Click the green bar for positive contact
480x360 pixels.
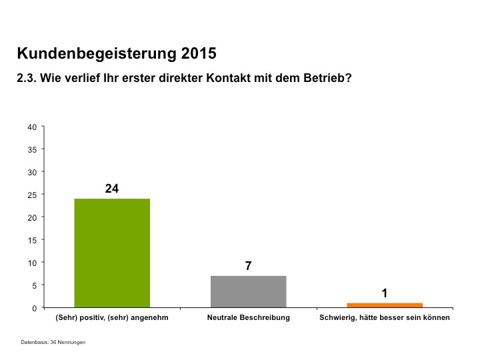(x=112, y=253)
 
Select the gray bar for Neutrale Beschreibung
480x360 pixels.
(x=248, y=291)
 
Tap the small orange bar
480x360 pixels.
(x=384, y=305)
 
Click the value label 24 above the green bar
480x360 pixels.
(x=112, y=189)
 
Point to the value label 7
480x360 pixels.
(x=248, y=266)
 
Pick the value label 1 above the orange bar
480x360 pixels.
(x=385, y=293)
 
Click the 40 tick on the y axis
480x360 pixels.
(x=32, y=127)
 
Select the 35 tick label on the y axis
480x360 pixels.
(x=32, y=149)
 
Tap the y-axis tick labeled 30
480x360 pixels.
(x=32, y=172)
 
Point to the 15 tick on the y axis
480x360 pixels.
(x=32, y=240)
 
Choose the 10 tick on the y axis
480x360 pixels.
(x=32, y=263)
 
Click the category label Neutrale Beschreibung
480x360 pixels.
(x=248, y=318)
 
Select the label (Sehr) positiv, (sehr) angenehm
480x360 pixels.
(x=112, y=318)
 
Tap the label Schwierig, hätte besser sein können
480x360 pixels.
(x=385, y=318)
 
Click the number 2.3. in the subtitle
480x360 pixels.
(x=27, y=78)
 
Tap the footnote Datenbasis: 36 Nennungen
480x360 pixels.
(x=53, y=342)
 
